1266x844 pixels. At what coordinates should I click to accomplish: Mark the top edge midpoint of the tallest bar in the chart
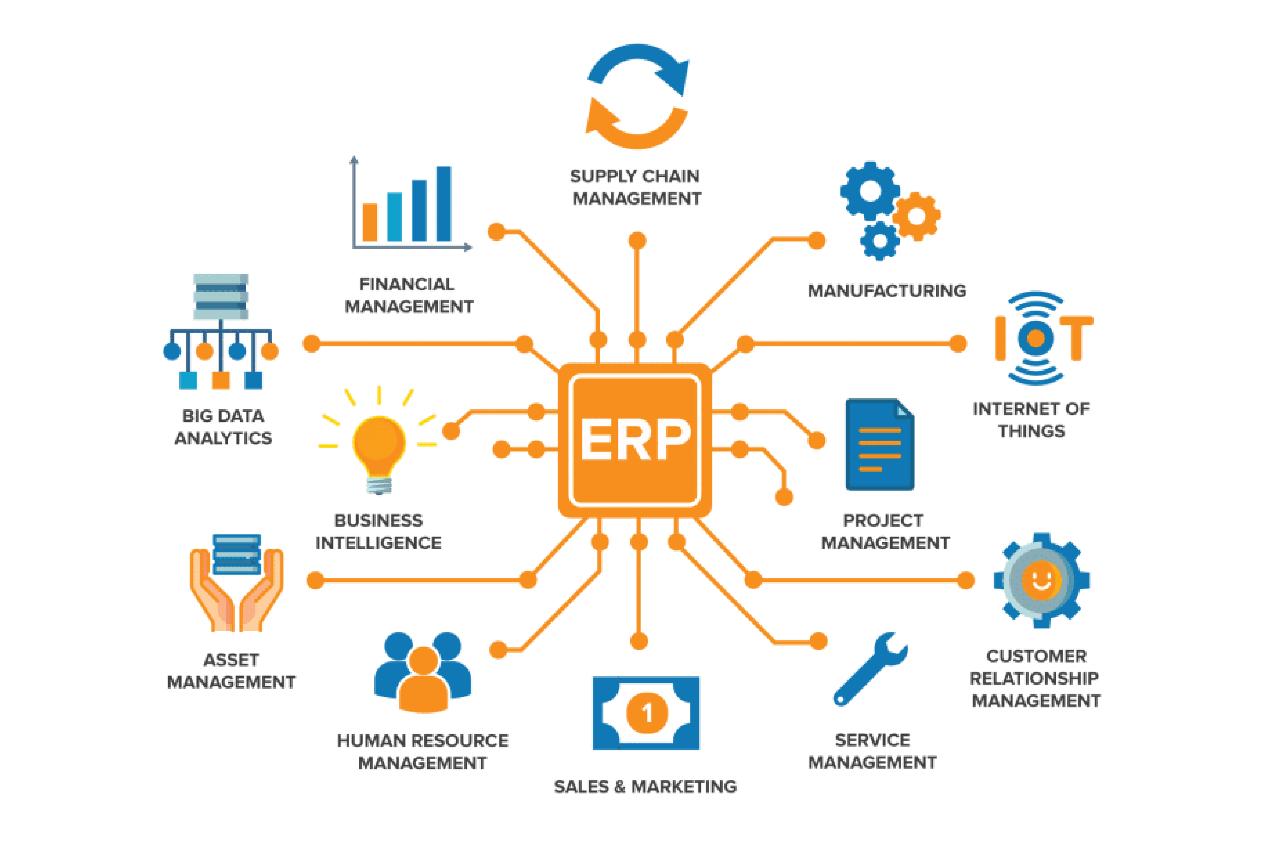click(x=444, y=167)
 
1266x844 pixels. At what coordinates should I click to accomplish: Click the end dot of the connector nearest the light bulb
click(x=451, y=431)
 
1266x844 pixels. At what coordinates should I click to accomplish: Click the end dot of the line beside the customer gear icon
click(x=966, y=580)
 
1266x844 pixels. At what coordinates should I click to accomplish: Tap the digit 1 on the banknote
click(x=646, y=713)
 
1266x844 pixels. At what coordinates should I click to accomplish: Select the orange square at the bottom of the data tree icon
click(x=221, y=380)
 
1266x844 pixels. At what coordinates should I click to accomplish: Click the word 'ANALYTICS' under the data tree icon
click(x=223, y=438)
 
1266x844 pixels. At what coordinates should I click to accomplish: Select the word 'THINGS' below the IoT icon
click(x=1031, y=431)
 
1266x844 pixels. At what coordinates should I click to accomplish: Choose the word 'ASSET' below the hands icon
click(x=231, y=660)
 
